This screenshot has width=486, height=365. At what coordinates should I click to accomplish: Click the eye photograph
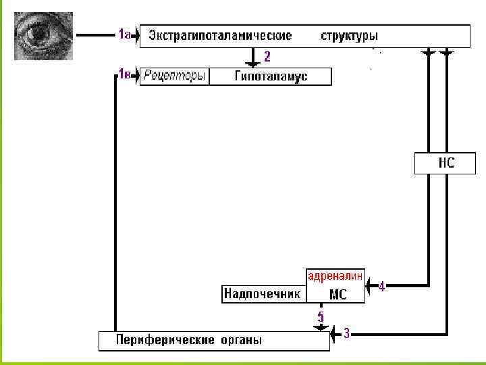click(41, 36)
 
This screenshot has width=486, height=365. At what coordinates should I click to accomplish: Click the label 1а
click(124, 34)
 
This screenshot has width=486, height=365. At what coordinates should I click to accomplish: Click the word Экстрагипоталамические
click(220, 35)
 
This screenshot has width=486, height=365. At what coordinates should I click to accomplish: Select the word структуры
click(349, 35)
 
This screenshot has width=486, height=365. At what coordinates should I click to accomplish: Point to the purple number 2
click(267, 56)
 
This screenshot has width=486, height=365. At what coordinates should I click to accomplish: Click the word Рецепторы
click(174, 76)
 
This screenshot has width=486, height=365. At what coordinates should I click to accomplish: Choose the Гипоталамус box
click(271, 76)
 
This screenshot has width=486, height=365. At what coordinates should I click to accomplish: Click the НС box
click(445, 164)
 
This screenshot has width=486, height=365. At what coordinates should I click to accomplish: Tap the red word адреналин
click(335, 276)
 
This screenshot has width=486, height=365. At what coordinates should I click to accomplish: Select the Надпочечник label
click(261, 294)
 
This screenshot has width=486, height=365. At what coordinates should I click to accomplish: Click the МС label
click(337, 295)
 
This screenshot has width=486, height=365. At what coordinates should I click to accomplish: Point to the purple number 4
click(381, 287)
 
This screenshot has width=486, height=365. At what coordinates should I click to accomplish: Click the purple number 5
click(321, 316)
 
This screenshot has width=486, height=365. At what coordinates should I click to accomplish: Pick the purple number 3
click(346, 333)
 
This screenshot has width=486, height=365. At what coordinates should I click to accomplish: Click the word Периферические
click(165, 339)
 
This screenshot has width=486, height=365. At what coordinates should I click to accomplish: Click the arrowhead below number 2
click(253, 64)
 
